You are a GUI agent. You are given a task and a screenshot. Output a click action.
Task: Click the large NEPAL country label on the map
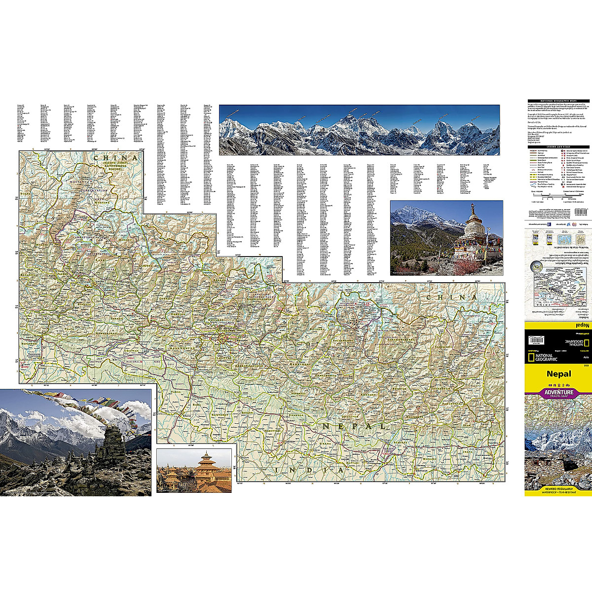tap(354, 426)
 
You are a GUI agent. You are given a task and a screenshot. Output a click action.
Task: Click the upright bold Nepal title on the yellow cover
tap(558, 374)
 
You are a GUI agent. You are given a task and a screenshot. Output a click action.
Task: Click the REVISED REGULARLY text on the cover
tap(558, 488)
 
